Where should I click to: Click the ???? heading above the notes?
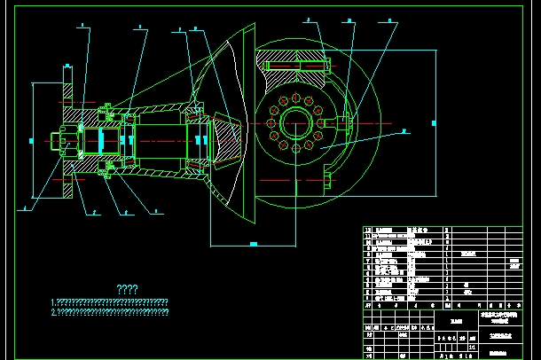[x=128, y=289]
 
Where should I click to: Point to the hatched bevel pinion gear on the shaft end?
[x=227, y=137]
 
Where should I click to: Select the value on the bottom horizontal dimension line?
[x=253, y=243]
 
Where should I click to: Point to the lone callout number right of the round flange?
[x=403, y=130]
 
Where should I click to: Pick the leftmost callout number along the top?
[x=81, y=27]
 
